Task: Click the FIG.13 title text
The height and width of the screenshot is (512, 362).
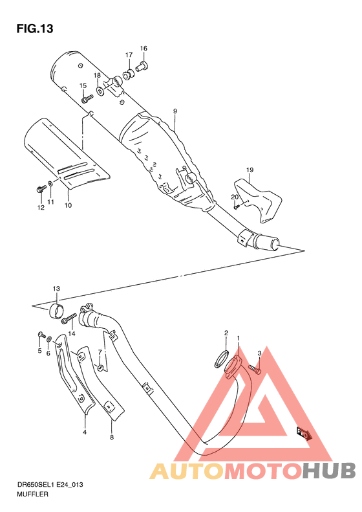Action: click(x=34, y=29)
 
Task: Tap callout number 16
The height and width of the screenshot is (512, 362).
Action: click(x=144, y=49)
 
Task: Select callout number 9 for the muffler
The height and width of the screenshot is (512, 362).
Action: click(x=175, y=111)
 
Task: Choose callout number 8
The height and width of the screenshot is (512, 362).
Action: click(x=112, y=438)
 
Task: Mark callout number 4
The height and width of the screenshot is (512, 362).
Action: click(x=84, y=431)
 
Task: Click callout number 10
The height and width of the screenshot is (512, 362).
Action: click(x=68, y=205)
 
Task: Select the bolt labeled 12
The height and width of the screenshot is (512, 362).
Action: click(x=41, y=189)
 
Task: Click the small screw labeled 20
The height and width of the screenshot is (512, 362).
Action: click(x=237, y=206)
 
